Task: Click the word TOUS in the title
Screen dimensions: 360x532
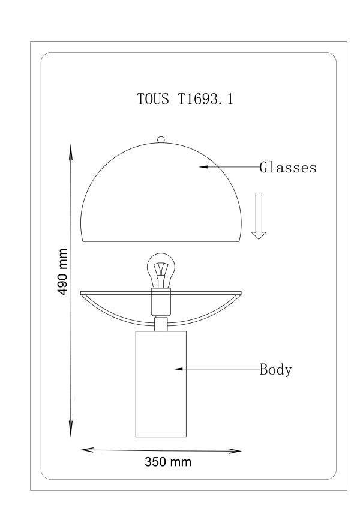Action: pos(153,99)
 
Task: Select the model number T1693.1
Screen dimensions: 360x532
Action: pos(205,99)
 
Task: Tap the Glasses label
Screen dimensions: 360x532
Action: pos(288,168)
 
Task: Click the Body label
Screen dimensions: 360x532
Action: pos(275,369)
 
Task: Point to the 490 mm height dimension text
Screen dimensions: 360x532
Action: pos(62,271)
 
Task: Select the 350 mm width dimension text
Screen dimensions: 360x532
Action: pos(168,462)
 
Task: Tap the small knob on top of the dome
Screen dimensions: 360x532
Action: pos(161,139)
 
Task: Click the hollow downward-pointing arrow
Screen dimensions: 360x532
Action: pos(259,216)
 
